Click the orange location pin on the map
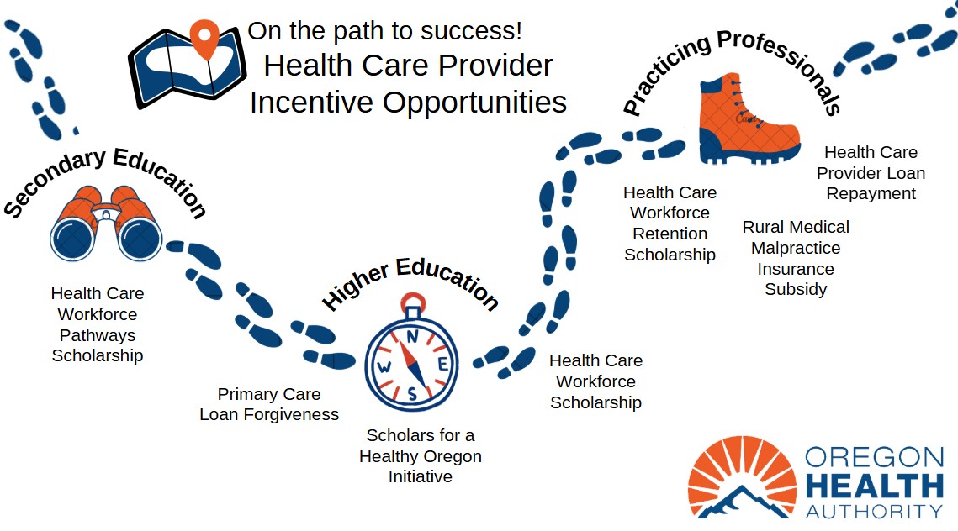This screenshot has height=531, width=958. [x=204, y=37]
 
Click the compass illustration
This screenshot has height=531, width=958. [x=411, y=354]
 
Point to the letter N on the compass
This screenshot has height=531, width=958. [x=413, y=336]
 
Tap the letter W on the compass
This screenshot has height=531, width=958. [x=384, y=367]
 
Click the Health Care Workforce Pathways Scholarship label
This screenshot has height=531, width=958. [x=98, y=324]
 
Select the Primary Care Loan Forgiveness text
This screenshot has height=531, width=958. [x=269, y=404]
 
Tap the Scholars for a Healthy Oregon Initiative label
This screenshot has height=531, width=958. [x=421, y=456]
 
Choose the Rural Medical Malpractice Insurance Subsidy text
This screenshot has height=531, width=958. [x=796, y=258]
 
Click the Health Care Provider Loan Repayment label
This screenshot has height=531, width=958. [x=871, y=173]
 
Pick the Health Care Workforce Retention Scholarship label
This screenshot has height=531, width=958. [x=670, y=223]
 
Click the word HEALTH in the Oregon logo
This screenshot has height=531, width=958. [x=874, y=486]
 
